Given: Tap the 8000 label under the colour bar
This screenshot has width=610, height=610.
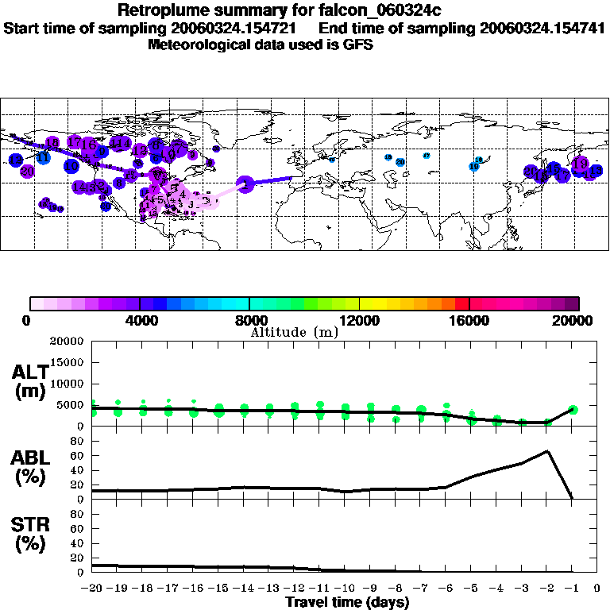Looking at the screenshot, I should (x=249, y=321).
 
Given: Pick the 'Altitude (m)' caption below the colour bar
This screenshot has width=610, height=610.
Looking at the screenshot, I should (x=294, y=332).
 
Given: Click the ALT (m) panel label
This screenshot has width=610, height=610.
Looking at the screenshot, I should (x=29, y=382).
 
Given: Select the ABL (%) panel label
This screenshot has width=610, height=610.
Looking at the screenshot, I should (x=29, y=468).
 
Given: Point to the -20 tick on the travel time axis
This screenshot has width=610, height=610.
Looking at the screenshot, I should (x=92, y=589).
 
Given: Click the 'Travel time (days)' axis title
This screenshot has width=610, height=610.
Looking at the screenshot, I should (x=347, y=602).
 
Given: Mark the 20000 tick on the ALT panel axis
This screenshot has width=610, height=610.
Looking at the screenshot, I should (x=69, y=342).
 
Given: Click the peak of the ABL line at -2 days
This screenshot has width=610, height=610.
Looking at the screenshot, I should (x=548, y=451).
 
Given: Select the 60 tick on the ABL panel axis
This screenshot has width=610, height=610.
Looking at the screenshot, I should (x=78, y=455).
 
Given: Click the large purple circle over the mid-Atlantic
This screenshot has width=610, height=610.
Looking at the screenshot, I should (x=245, y=184).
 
